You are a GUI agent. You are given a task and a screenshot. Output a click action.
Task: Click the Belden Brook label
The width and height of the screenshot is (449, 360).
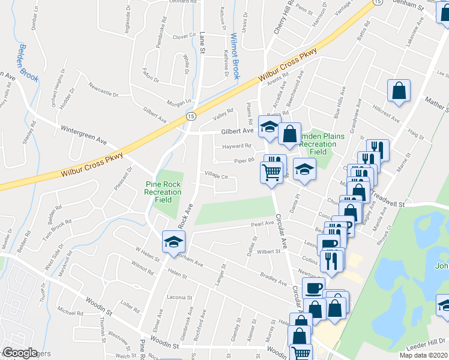29,62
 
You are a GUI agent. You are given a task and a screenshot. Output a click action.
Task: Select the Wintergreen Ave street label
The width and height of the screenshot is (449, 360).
83,135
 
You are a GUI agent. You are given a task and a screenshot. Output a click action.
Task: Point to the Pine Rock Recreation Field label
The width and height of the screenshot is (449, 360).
162,191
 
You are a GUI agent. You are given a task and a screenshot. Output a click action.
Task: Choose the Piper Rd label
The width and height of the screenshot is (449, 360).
244,161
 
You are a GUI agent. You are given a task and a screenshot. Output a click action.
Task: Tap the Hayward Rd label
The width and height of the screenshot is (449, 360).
236,146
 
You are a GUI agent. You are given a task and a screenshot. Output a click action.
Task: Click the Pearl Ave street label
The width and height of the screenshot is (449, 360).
262,223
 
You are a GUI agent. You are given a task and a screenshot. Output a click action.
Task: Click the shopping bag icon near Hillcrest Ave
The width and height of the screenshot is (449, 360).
399,91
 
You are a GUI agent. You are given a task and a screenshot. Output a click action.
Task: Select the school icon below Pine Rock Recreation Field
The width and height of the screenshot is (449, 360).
174,242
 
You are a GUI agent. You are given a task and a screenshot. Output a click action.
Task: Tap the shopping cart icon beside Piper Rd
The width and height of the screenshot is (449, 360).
272,173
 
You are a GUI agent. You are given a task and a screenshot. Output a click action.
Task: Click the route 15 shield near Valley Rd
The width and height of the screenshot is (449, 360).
190,115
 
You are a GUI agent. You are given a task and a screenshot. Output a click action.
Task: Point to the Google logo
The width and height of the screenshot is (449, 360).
20,353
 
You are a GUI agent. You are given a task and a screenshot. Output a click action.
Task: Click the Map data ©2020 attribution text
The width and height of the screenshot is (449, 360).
424,355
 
